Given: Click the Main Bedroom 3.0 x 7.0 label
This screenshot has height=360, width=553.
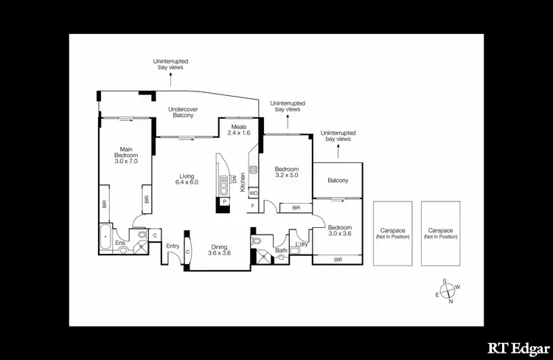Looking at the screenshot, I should coord(124,156).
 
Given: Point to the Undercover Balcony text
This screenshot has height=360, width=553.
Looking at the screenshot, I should coord(181,111).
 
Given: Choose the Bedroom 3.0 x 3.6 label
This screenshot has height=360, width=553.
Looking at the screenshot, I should coord(339,231).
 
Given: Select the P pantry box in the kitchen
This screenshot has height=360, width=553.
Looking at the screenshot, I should coord(223,201).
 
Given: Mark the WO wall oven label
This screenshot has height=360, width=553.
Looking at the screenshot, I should coord(253,193).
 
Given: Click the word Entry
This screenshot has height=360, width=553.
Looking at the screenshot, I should coord(173,246).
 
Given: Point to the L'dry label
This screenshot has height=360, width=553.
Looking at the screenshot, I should coord(301,244).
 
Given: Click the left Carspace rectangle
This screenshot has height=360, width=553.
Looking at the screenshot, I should coord(392,234).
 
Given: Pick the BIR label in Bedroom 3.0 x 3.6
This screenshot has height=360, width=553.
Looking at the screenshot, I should coord(338,260).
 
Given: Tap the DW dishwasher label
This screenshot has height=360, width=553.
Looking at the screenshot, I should coord(233,179).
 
